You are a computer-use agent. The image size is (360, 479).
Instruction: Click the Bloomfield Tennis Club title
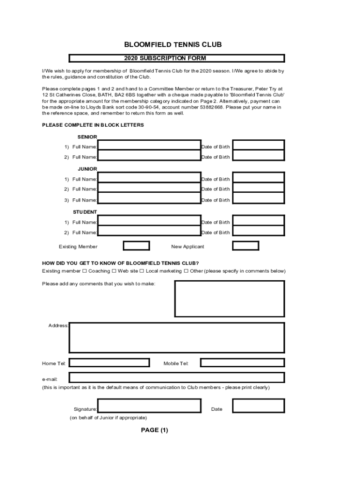[173, 45]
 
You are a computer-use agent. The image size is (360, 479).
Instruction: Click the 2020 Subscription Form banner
[177, 58]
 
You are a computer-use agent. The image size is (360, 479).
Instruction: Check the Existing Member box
[136, 246]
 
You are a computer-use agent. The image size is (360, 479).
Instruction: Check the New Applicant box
[245, 246]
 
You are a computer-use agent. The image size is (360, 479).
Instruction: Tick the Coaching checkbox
[85, 271]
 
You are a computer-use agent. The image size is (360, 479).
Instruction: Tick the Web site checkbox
[114, 271]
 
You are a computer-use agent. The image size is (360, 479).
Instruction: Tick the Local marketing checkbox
[142, 271]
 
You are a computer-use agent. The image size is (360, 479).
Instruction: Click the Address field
[177, 337]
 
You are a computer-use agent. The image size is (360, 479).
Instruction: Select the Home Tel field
[109, 363]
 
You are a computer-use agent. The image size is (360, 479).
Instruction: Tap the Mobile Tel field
[242, 363]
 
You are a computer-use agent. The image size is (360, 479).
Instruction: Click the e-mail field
[177, 377]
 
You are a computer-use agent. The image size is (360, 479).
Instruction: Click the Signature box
[149, 406]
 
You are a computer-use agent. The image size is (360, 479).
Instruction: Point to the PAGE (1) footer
[154, 430]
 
